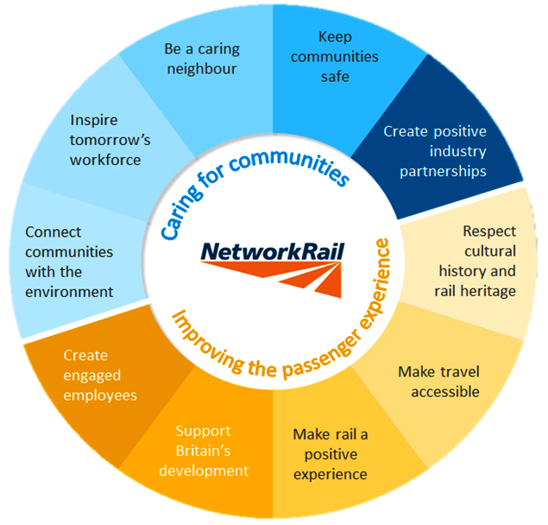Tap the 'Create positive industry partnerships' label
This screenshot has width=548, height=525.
pos(435,151)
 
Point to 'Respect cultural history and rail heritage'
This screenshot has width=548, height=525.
pos(476,261)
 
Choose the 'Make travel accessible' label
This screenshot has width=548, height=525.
pos(438,381)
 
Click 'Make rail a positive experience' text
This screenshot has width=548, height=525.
pos(330,453)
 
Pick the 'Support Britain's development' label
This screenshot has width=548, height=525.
pos(211,450)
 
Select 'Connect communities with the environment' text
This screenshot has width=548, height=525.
pos(69,262)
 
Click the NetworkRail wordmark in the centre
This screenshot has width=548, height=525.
pos(273,251)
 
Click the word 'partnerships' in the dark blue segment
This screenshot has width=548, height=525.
pos(437,171)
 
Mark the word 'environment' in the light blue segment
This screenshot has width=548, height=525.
pos(69,292)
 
